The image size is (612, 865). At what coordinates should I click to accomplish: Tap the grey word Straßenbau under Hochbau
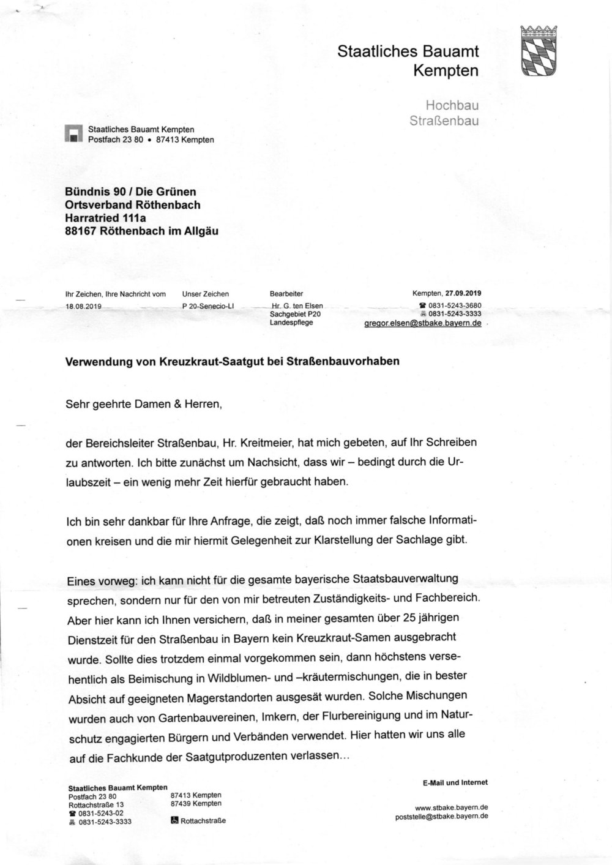(444, 121)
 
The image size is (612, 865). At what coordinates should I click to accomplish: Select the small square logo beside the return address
(74, 133)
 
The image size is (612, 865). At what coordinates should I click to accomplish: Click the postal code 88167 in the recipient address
(82, 231)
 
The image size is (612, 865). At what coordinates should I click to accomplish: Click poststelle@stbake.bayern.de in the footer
(442, 816)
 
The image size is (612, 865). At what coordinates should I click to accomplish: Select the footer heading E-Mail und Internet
(455, 782)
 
